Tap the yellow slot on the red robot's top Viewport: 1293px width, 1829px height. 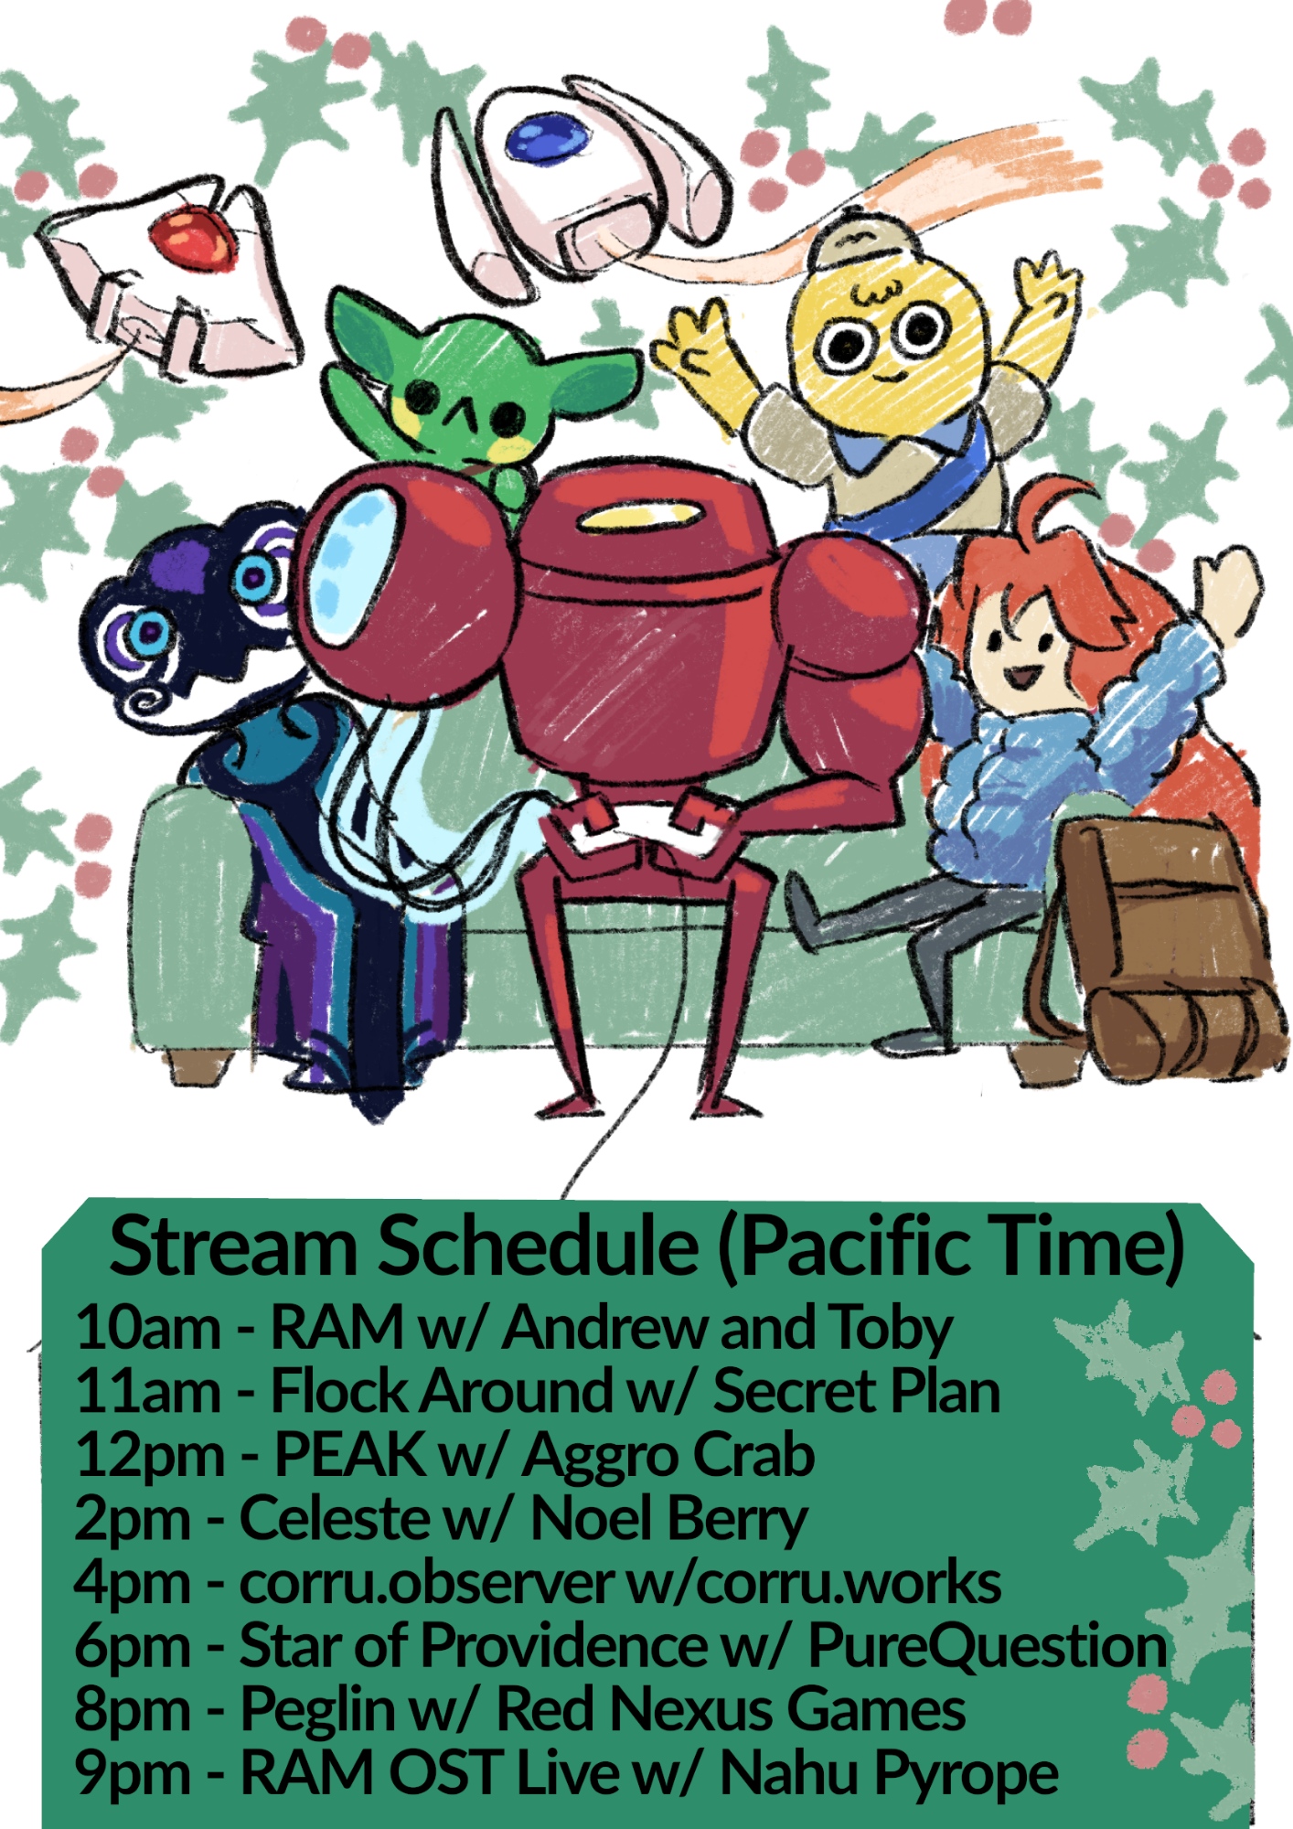pyautogui.click(x=628, y=519)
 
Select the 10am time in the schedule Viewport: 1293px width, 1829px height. pyautogui.click(x=148, y=1328)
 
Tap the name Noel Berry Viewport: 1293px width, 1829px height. pyautogui.click(x=668, y=1521)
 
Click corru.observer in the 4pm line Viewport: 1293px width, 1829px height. pyautogui.click(x=426, y=1583)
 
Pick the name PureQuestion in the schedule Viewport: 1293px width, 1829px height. pyautogui.click(x=988, y=1649)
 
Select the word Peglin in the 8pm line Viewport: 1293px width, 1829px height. pyautogui.click(x=317, y=1712)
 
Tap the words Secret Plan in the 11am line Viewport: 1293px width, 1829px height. pyautogui.click(x=857, y=1391)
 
